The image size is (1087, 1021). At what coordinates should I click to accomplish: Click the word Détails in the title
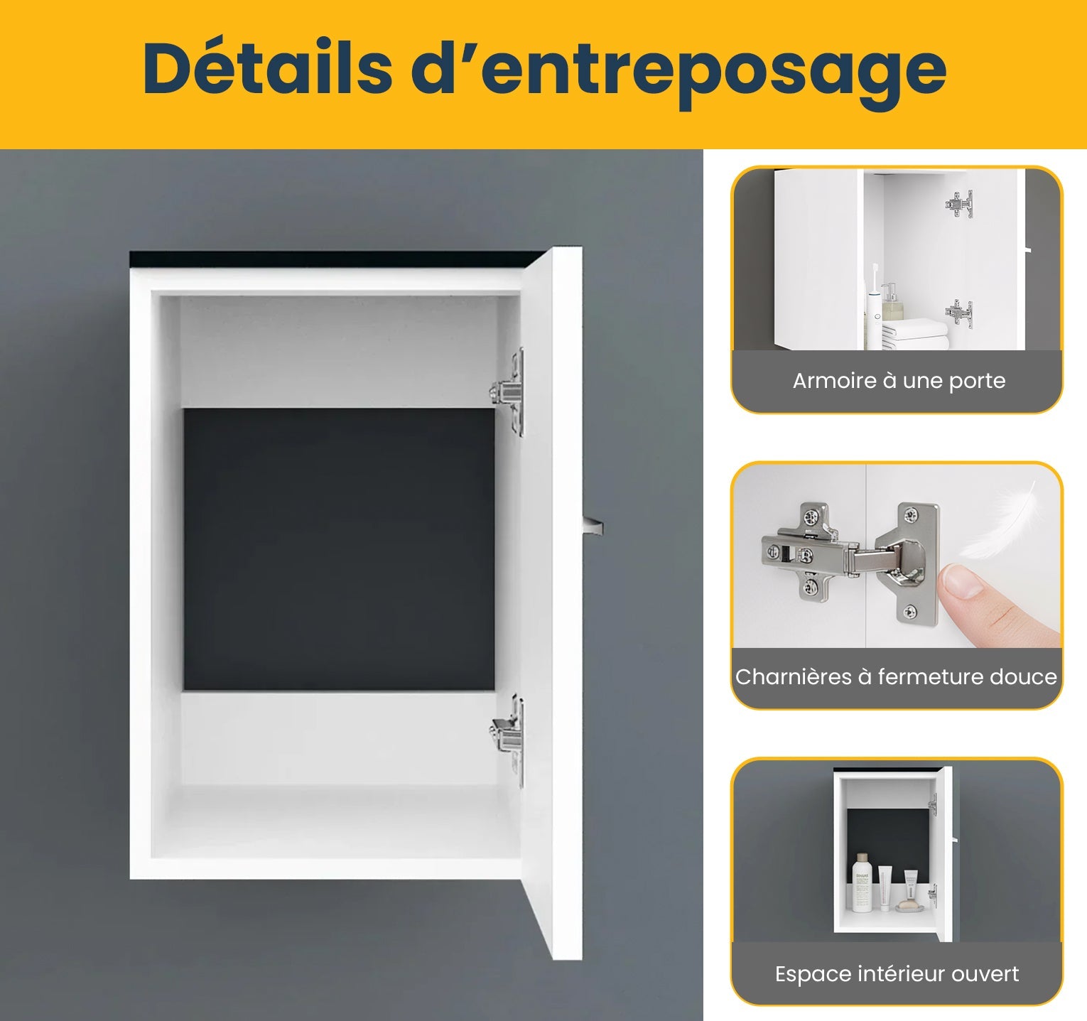pyautogui.click(x=266, y=69)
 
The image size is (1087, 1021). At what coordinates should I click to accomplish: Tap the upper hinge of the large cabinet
pyautogui.click(x=509, y=390)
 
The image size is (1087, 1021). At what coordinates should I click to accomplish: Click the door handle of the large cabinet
pyautogui.click(x=593, y=526)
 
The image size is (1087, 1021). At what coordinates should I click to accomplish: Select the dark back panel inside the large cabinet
pyautogui.click(x=339, y=549)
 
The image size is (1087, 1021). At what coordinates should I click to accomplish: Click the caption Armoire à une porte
pyautogui.click(x=899, y=381)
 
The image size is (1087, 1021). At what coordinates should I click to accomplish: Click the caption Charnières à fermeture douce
pyautogui.click(x=896, y=676)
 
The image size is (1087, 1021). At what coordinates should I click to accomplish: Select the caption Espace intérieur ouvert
pyautogui.click(x=897, y=973)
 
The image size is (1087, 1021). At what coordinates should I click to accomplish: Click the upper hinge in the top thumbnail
pyautogui.click(x=960, y=204)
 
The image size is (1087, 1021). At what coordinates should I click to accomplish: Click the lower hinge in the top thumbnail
pyautogui.click(x=959, y=313)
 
